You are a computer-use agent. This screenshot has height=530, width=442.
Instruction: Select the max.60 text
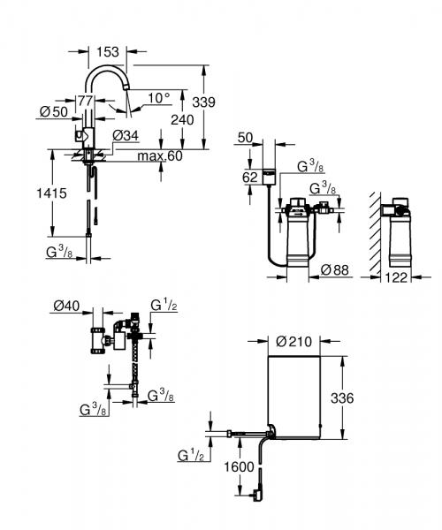tap(161, 156)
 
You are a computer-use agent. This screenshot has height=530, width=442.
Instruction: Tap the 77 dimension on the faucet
tap(86, 101)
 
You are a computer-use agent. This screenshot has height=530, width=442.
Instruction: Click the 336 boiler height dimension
tap(340, 399)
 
